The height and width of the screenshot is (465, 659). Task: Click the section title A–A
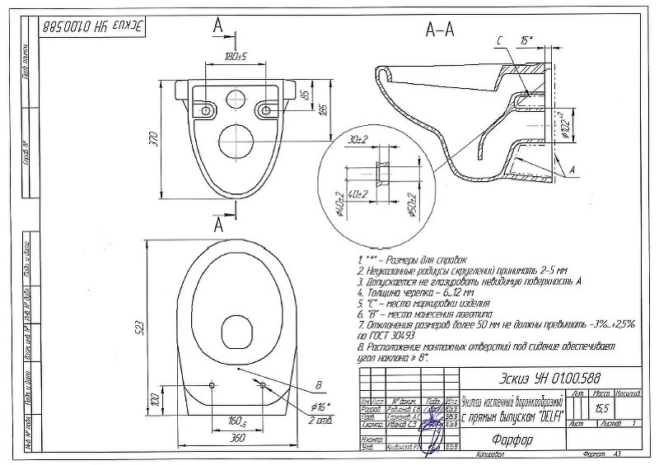click(x=438, y=30)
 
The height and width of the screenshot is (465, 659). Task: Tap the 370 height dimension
click(x=152, y=141)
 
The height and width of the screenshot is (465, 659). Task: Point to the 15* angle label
click(x=527, y=40)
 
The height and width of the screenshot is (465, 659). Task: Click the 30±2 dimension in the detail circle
click(x=357, y=141)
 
